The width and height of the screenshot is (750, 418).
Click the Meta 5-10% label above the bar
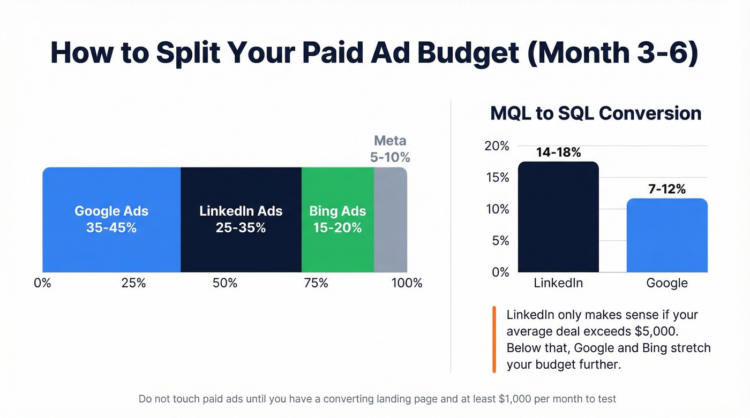click(x=391, y=149)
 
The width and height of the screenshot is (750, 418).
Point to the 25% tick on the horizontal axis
click(x=133, y=283)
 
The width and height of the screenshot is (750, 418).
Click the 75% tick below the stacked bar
click(x=316, y=283)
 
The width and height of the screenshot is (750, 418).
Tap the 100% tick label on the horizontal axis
click(x=407, y=283)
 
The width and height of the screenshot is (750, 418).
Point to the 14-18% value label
click(x=558, y=153)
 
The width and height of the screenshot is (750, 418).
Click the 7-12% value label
click(x=667, y=189)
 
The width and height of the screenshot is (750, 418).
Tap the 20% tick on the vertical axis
click(x=497, y=146)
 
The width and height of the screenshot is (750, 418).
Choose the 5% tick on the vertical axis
click(x=500, y=241)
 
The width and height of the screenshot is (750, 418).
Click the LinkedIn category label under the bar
click(x=558, y=283)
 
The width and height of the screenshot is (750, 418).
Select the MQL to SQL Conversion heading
click(x=596, y=113)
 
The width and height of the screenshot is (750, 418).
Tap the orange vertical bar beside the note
click(x=493, y=339)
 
